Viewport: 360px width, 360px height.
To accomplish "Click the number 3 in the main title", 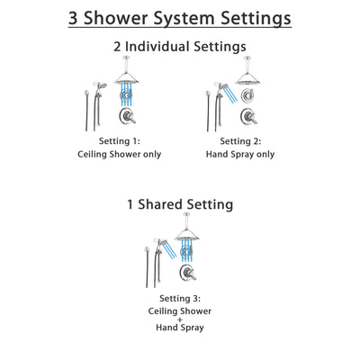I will pyautogui.click(x=79, y=17).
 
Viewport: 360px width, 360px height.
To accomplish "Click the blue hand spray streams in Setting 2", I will pyautogui.click(x=231, y=94).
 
